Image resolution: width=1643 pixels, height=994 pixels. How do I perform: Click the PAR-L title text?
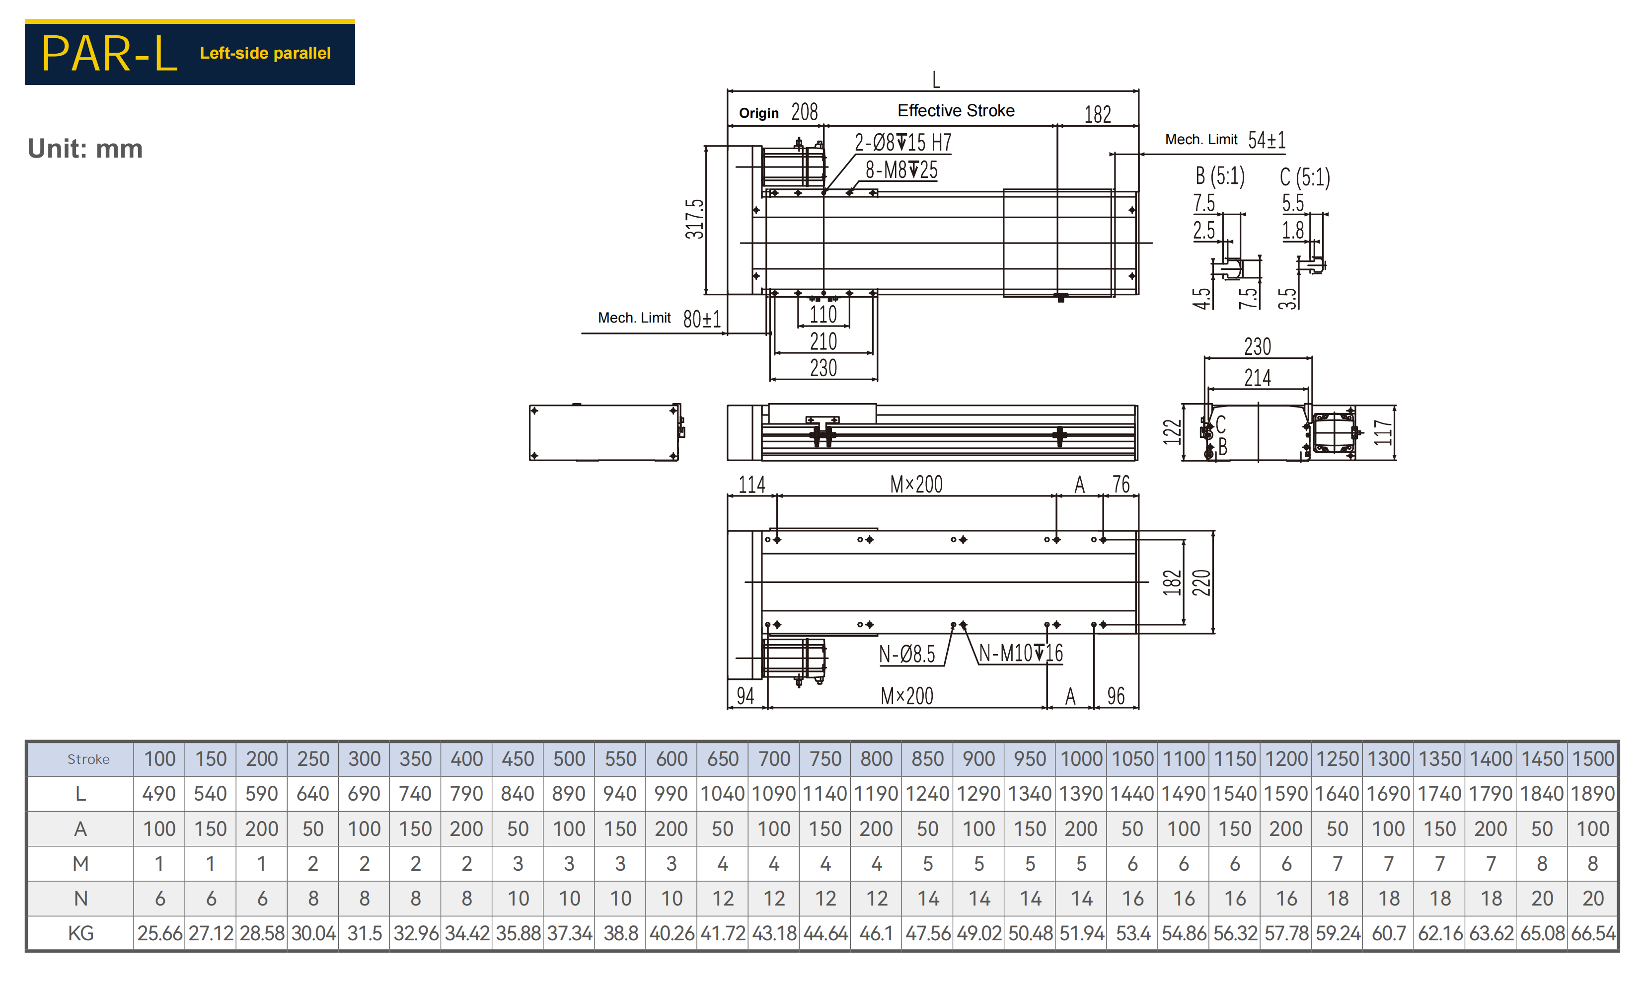tap(109, 53)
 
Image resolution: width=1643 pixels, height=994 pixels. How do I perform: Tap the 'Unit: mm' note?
tap(85, 148)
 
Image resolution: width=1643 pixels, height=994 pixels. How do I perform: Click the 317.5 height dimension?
tap(694, 219)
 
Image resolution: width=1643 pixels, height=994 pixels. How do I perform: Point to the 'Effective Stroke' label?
tap(956, 111)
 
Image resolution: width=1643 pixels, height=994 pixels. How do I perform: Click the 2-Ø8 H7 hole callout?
tap(903, 142)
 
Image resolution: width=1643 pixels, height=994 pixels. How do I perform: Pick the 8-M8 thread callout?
tap(901, 170)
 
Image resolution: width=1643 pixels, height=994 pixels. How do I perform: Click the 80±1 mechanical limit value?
tap(701, 319)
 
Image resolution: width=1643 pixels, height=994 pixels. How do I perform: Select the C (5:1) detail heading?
tap(1304, 177)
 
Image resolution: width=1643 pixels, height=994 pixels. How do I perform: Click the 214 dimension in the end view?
tap(1257, 378)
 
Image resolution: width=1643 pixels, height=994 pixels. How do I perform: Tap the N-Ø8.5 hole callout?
tap(907, 654)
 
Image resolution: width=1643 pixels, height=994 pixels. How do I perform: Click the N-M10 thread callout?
tap(1020, 653)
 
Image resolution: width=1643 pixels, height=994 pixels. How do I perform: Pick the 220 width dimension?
tap(1201, 582)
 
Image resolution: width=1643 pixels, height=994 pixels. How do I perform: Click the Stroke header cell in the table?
tap(88, 759)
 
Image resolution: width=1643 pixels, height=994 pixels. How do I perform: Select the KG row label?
tap(80, 933)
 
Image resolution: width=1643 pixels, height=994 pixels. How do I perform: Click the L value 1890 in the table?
tap(1592, 793)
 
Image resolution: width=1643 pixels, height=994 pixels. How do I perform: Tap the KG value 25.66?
tap(159, 933)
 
